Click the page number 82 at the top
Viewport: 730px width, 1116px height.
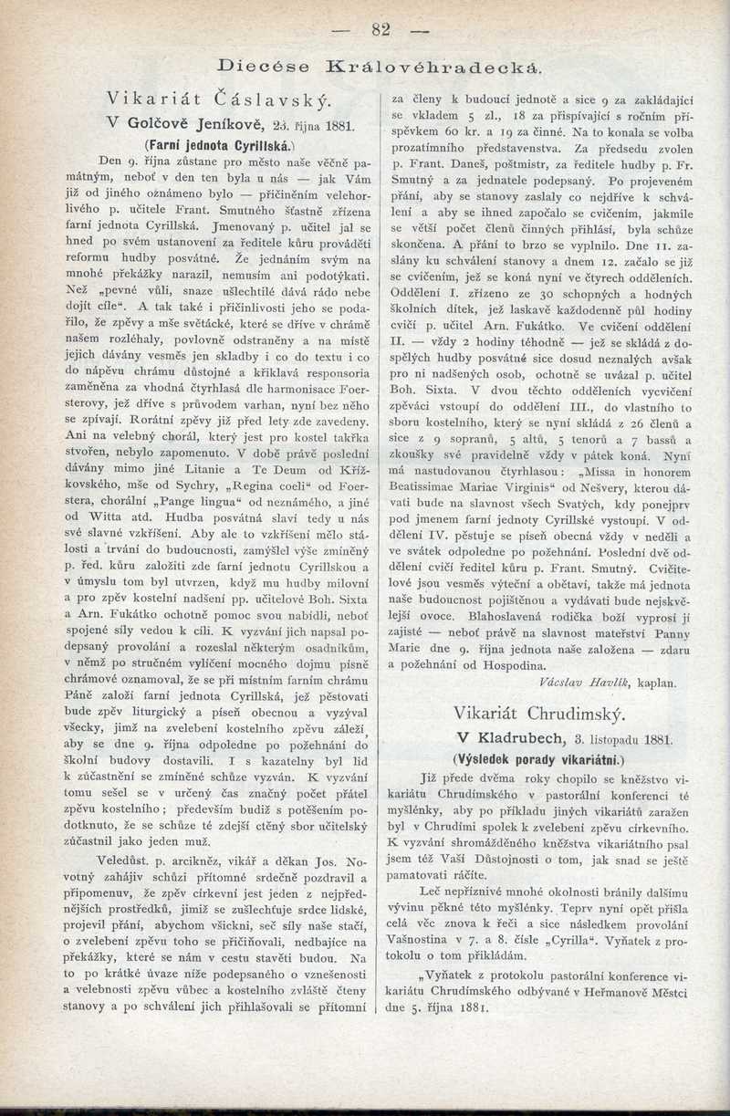pos(381,30)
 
